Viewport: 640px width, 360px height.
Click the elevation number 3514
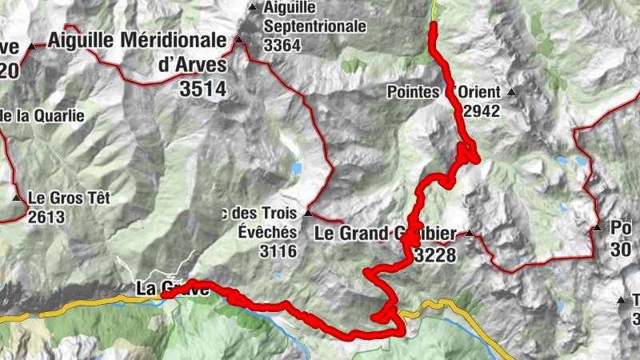pyautogui.click(x=203, y=89)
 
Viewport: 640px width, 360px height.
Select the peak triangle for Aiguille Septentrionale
pyautogui.click(x=254, y=7)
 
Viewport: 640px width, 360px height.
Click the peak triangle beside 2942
pyautogui.click(x=511, y=91)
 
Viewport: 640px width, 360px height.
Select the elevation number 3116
pyautogui.click(x=278, y=252)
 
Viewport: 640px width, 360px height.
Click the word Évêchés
pyautogui.click(x=267, y=232)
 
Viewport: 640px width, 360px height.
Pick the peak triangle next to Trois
pyautogui.click(x=307, y=214)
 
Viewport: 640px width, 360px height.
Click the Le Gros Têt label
pyautogui.click(x=68, y=197)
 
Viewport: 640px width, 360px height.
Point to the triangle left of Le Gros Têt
pyautogui.click(x=17, y=198)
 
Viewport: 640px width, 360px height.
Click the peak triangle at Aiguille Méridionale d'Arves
pyautogui.click(x=238, y=38)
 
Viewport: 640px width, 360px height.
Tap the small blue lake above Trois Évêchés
pyautogui.click(x=297, y=169)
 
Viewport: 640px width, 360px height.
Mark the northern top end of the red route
pyautogui.click(x=434, y=25)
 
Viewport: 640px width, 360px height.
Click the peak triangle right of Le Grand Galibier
pyautogui.click(x=470, y=234)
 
